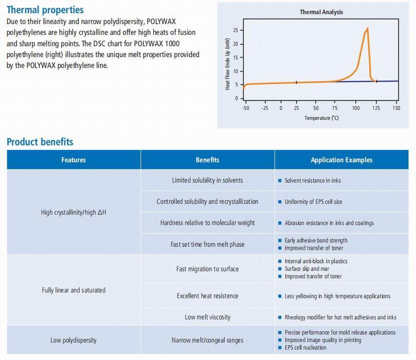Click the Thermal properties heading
pos(45,10)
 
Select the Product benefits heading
pos(40,142)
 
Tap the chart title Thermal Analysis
pos(321,12)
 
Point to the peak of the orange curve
pos(367,28)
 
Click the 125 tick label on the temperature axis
pos(376,108)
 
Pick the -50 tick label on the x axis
pos(246,108)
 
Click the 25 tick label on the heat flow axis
pos(235,30)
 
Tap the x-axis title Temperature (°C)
pos(321,118)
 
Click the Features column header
pos(73,160)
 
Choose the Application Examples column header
pos(341,160)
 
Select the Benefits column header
pos(208,160)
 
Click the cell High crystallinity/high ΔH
pos(73,213)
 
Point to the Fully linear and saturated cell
pos(73,290)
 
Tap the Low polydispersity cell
pos(73,340)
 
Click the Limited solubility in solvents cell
pos(208,180)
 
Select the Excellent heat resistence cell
pos(208,296)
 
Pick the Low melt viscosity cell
pos(208,317)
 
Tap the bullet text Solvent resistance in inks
pos(313,181)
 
